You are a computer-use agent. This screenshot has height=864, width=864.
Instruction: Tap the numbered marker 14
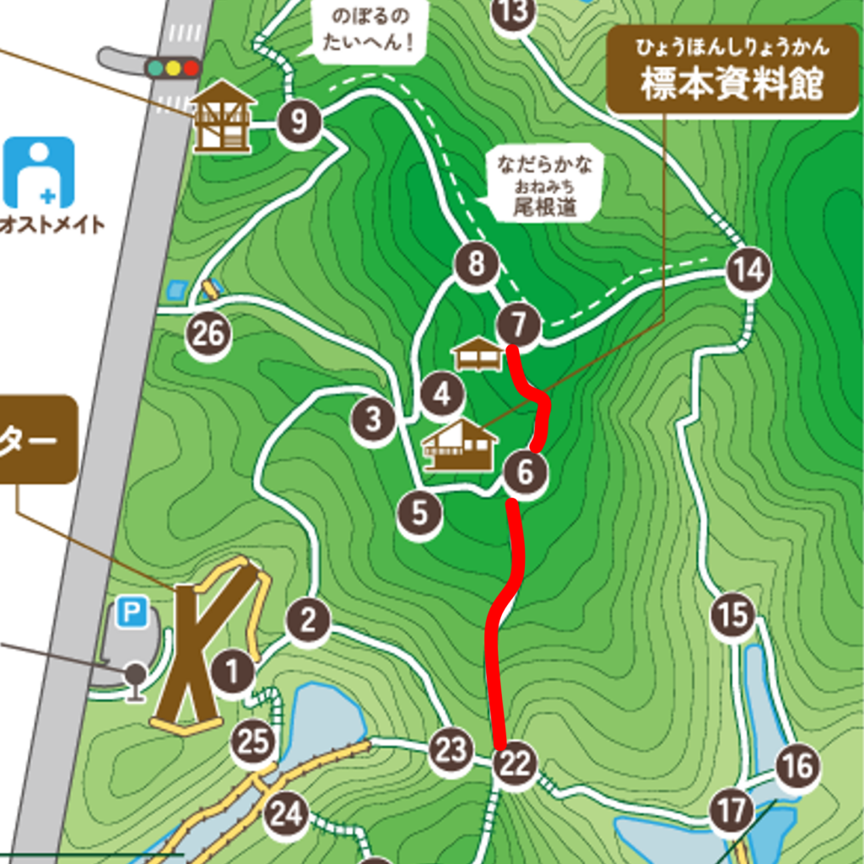pos(748,271)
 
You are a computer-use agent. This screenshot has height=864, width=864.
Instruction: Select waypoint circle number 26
pos(208,335)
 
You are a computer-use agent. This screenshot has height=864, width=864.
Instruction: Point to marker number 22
pos(515,764)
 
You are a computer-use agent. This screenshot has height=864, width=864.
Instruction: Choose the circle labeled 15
pos(732,615)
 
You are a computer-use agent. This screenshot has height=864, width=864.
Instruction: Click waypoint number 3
pos(374,418)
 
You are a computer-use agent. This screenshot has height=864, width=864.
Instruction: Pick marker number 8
pos(477,265)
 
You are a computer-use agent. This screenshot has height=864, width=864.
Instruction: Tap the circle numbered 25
pos(253,743)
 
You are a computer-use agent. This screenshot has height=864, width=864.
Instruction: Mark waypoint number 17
pos(731,811)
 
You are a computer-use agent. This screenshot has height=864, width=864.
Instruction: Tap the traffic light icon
pos(173,67)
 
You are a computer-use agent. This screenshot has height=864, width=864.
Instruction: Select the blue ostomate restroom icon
pos(39,172)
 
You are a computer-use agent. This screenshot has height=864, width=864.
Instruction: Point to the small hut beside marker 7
pos(478,354)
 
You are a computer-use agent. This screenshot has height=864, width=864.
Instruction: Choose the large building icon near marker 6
pos(460,445)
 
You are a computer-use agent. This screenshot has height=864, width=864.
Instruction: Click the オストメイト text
pos(52,224)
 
